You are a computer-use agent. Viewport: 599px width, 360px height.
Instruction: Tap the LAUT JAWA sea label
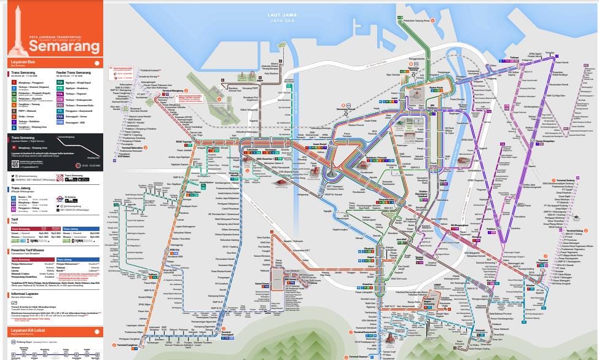(x=280, y=14)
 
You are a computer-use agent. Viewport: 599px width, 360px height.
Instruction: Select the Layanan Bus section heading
(x=25, y=62)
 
